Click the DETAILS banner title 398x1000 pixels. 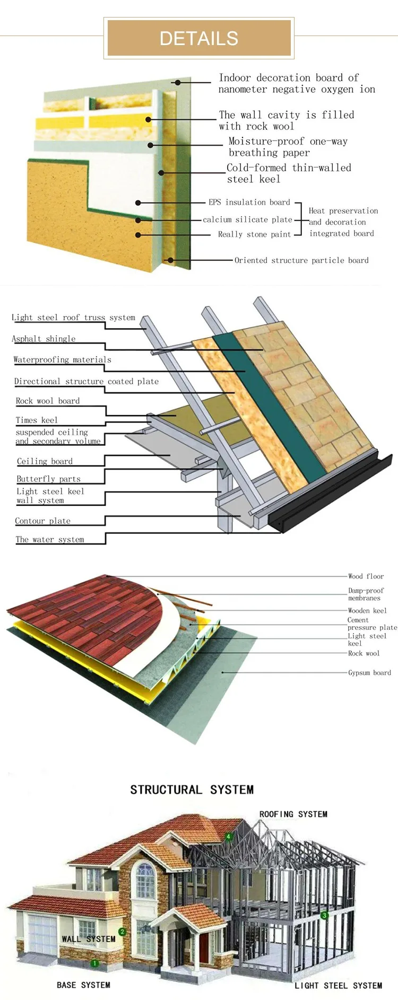pos(198,38)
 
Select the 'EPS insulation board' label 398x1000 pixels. pos(249,202)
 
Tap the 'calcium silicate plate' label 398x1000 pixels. pos(247,220)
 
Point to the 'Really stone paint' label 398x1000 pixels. pos(254,234)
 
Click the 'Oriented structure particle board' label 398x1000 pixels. pos(301,260)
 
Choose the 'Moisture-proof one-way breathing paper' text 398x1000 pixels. pos(288,147)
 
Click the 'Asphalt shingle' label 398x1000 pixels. pos(44,339)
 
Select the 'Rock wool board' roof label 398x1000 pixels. pos(48,401)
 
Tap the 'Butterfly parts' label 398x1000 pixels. pos(48,479)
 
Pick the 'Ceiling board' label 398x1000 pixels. pos(45,461)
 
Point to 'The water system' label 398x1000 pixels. pos(50,539)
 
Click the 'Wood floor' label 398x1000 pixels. pos(366,576)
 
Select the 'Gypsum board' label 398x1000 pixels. pos(369,673)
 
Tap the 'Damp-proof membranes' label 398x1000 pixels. pos(366,594)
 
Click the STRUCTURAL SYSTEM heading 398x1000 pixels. pos(192,790)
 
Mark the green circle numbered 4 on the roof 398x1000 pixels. pos(229,837)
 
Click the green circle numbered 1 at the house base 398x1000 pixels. pos(94,963)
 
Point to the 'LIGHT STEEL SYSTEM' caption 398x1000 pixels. pos(338,986)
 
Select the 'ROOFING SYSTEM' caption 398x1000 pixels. pos(293,814)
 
